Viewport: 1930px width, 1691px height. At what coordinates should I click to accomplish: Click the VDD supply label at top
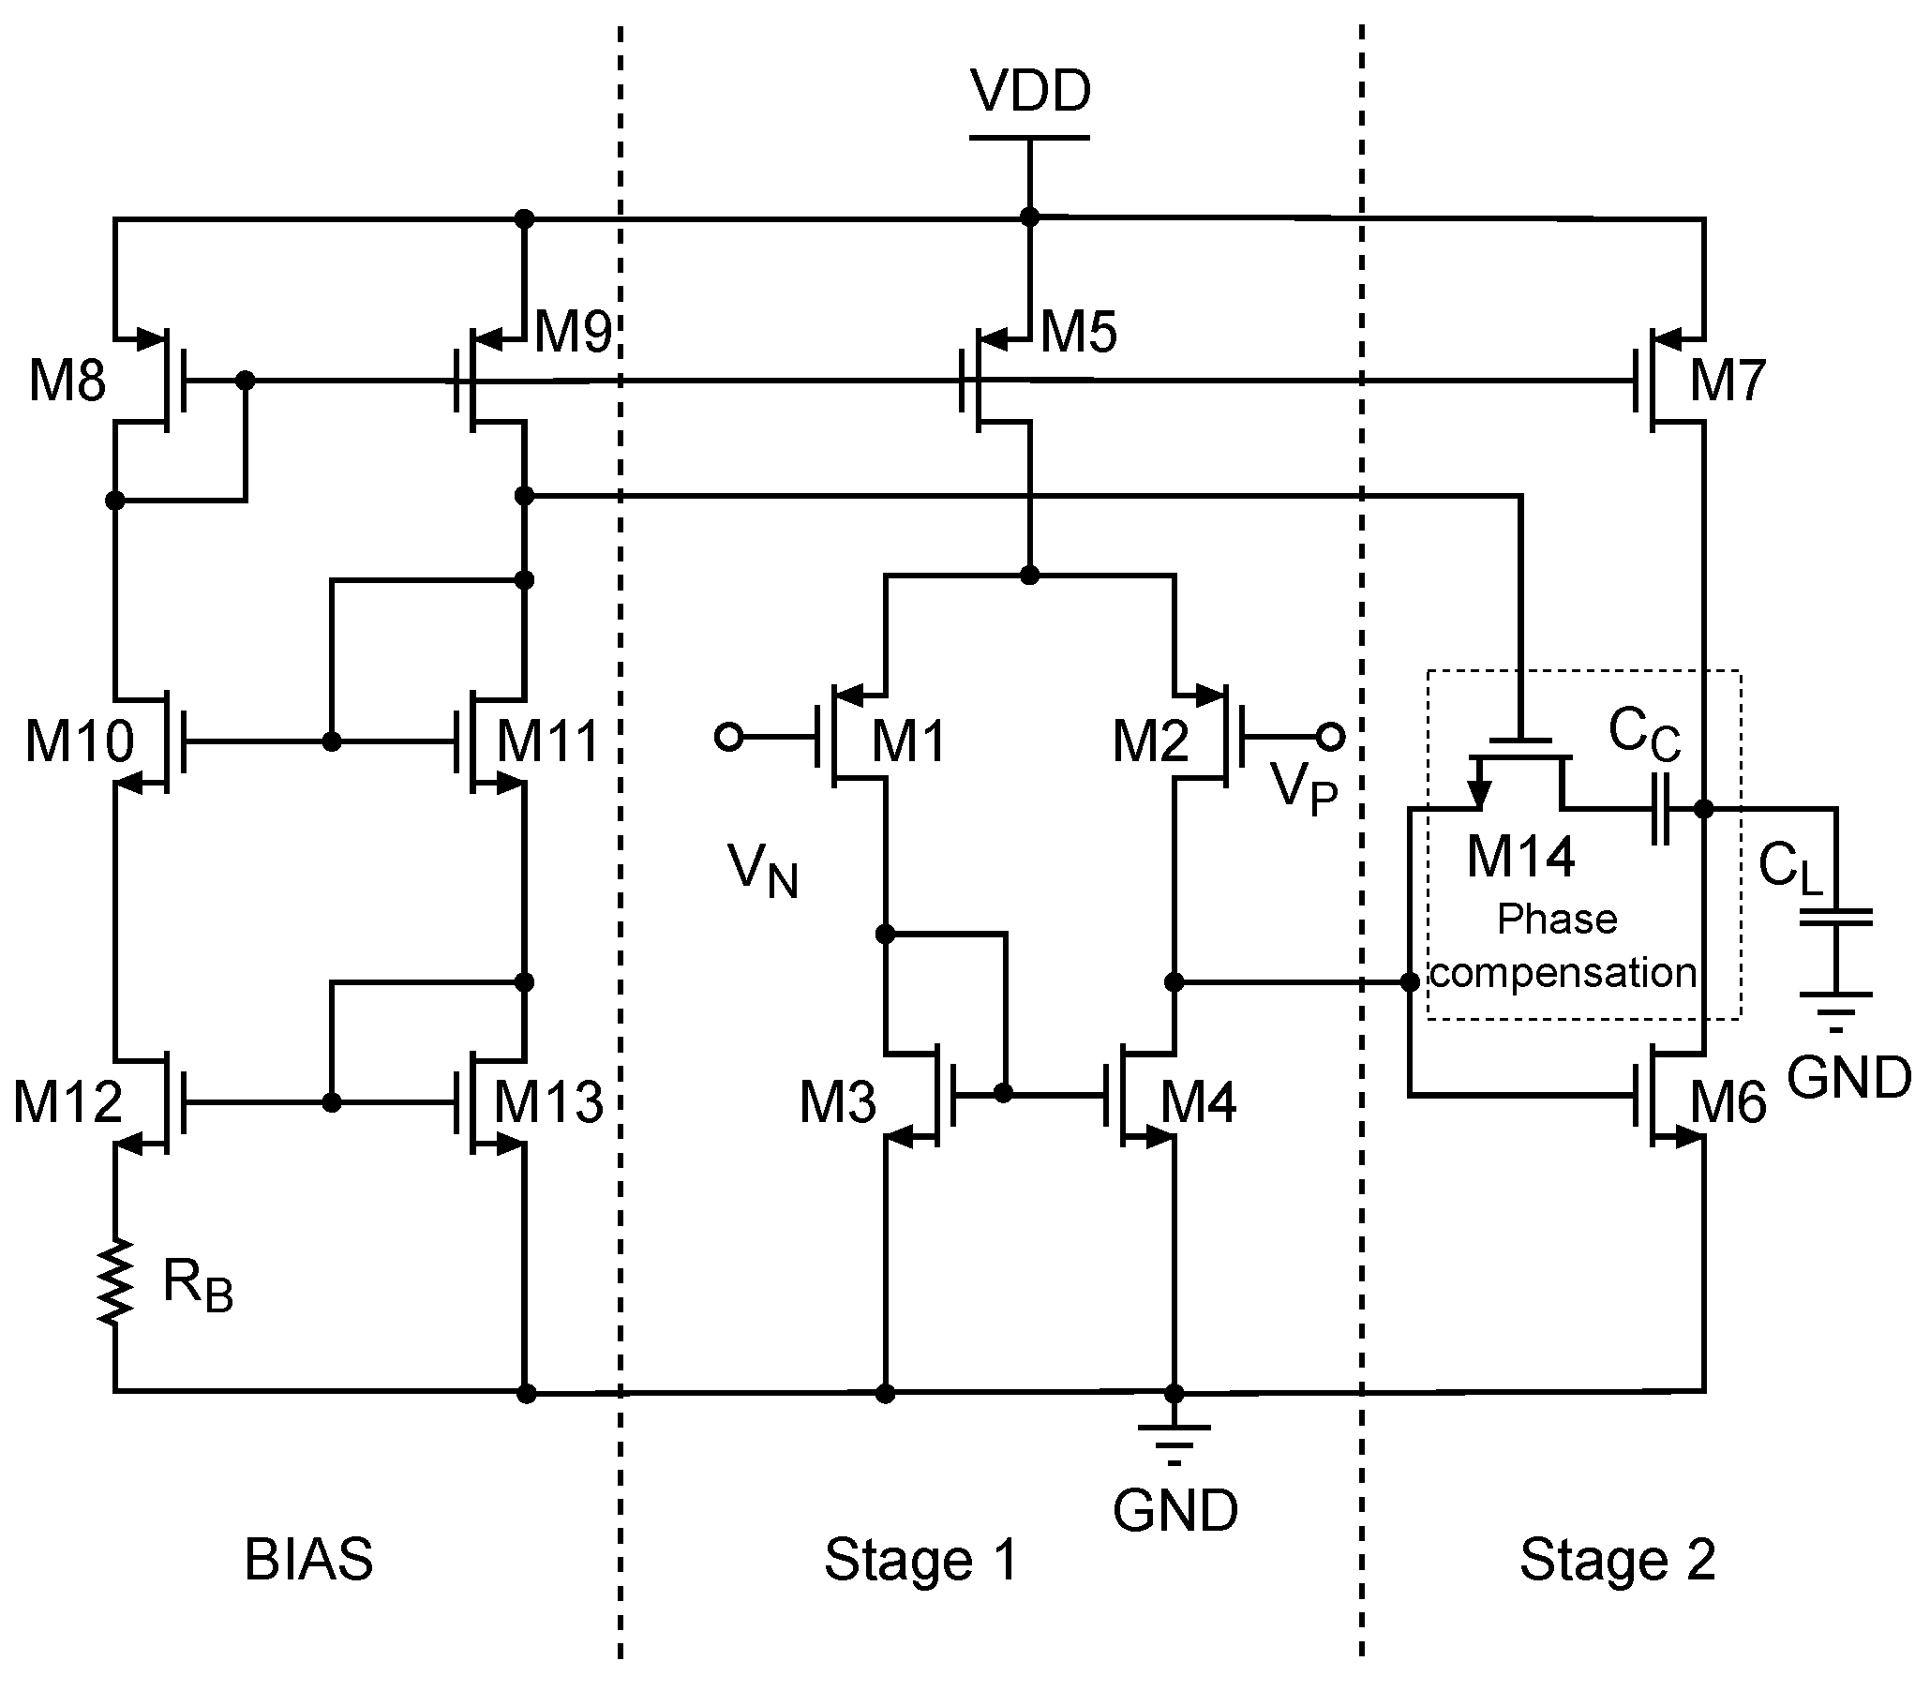click(1030, 92)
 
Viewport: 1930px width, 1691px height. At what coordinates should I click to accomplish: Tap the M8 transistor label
click(67, 381)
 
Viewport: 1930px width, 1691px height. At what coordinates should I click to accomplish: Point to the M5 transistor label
click(1079, 332)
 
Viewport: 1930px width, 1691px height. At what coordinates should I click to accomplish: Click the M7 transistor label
click(1728, 381)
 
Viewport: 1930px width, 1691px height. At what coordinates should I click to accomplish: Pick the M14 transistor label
click(1520, 857)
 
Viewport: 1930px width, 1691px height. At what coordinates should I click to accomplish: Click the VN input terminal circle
click(728, 736)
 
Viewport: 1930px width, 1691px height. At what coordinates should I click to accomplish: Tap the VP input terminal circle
click(1330, 736)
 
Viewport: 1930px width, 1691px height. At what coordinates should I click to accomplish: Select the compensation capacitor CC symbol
click(1661, 809)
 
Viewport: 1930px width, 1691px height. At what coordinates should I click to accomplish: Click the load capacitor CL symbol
click(1835, 918)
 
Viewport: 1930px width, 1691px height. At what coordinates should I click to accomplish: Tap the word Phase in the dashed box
click(1557, 919)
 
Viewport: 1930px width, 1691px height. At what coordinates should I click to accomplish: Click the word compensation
click(1563, 972)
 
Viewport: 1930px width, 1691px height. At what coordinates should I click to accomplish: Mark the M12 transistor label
click(67, 1100)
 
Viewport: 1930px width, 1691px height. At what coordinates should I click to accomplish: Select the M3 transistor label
click(837, 1101)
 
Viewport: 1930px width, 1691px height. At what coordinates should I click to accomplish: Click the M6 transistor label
click(1728, 1101)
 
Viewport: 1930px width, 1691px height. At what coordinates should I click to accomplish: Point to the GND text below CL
click(1848, 1077)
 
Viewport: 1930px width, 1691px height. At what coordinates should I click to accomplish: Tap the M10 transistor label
click(80, 741)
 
